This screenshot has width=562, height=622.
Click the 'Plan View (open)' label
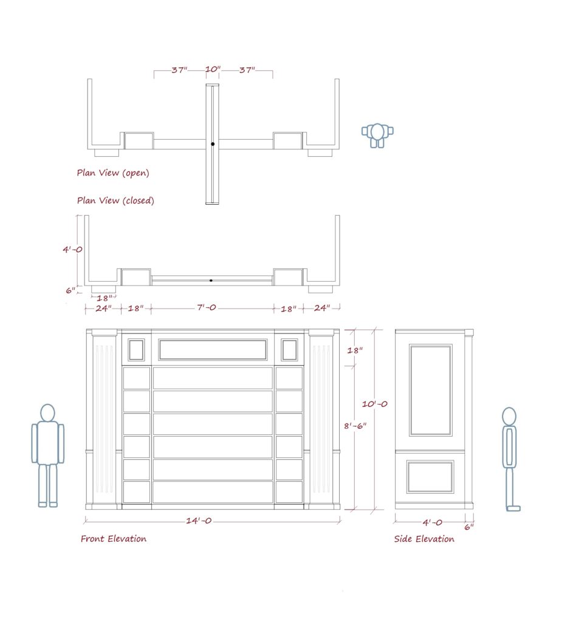click(x=113, y=173)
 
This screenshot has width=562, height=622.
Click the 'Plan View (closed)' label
click(x=115, y=200)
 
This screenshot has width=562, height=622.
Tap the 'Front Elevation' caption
click(x=114, y=539)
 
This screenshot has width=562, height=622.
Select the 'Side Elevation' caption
click(x=424, y=539)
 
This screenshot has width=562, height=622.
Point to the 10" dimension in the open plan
click(x=213, y=69)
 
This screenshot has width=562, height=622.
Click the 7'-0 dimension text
click(x=207, y=307)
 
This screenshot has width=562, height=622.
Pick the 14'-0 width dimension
click(x=199, y=521)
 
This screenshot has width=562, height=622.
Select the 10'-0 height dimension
click(x=375, y=404)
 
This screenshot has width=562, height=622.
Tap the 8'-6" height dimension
click(x=355, y=426)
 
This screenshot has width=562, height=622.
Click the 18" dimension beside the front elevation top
click(x=355, y=350)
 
